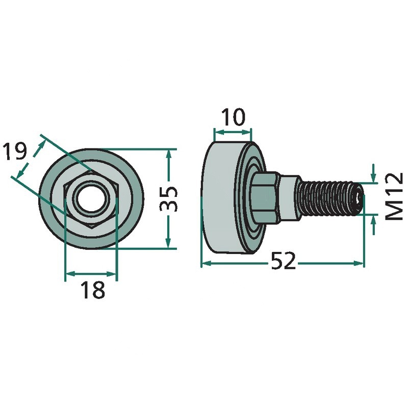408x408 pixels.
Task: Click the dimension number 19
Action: (x=15, y=151)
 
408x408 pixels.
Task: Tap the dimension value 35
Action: (x=168, y=199)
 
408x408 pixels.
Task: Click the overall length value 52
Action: (x=284, y=261)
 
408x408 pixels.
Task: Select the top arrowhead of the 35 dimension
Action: (x=169, y=155)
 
